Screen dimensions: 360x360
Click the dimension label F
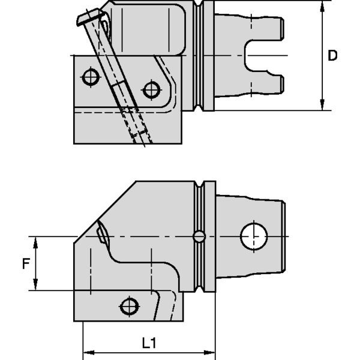coord(25,263)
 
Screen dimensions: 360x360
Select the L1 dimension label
coord(148,343)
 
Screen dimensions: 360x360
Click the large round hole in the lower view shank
coord(254,236)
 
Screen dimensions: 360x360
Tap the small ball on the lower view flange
coord(199,236)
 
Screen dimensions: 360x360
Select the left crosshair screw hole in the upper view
coord(90,77)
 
